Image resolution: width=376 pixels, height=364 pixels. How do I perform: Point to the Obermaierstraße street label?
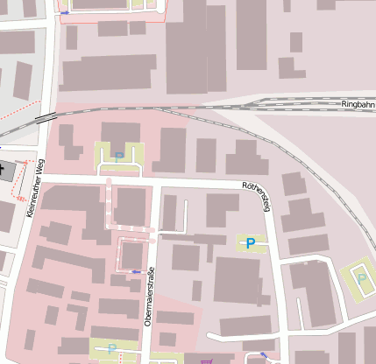click(150, 296)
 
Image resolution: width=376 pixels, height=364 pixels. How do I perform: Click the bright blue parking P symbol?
click(251, 242)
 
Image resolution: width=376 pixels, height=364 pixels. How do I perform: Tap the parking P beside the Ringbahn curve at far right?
click(361, 278)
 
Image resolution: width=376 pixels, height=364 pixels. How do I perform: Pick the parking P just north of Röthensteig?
click(119, 157)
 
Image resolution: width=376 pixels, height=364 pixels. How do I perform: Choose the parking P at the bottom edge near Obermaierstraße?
click(112, 348)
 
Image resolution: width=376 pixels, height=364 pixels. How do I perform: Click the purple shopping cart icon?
click(206, 359)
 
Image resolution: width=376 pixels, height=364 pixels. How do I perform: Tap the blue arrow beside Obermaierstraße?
click(135, 272)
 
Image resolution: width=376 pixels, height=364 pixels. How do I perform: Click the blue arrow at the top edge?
click(65, 13)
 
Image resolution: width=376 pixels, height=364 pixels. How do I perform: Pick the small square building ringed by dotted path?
click(132, 254)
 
